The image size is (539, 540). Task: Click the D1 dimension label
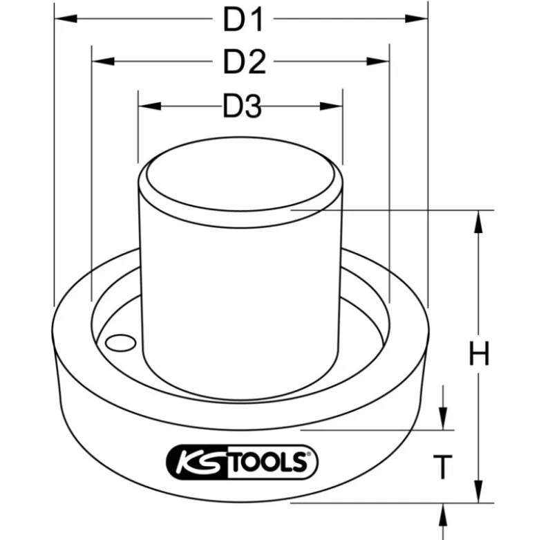[243, 20]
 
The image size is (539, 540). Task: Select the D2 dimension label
[245, 62]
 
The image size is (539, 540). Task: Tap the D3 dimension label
[243, 106]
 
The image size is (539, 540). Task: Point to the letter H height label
[479, 353]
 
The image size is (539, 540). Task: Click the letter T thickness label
[443, 467]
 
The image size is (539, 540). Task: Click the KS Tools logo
[242, 462]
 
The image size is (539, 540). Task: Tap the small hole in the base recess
[120, 343]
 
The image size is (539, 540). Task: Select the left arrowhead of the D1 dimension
[66, 19]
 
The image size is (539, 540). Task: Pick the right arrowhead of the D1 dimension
[416, 19]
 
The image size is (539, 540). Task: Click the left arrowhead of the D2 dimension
[103, 62]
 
